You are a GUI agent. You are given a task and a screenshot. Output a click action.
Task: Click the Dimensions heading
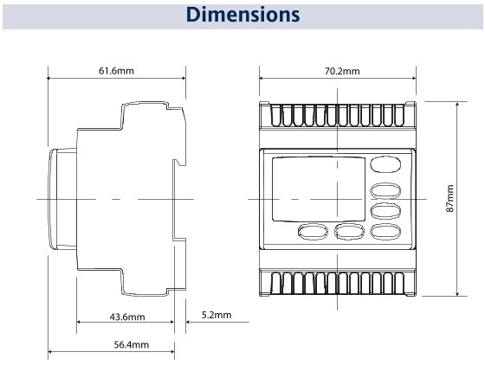click(x=242, y=15)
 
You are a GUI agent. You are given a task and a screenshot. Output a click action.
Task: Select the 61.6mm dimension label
click(x=116, y=71)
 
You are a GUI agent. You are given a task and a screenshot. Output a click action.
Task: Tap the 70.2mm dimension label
click(x=342, y=71)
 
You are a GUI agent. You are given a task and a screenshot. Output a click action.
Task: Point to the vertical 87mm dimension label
click(x=450, y=198)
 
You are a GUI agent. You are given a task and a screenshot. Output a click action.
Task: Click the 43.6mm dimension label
click(x=127, y=317)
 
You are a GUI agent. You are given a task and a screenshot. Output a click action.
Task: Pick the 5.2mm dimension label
click(x=217, y=315)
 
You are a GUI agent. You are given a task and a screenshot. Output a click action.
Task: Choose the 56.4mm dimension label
click(x=131, y=344)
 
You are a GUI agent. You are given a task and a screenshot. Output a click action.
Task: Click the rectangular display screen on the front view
click(x=319, y=189)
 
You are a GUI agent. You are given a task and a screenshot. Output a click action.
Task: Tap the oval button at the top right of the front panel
click(x=385, y=164)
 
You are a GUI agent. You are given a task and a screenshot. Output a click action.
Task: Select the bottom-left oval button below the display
click(x=313, y=231)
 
